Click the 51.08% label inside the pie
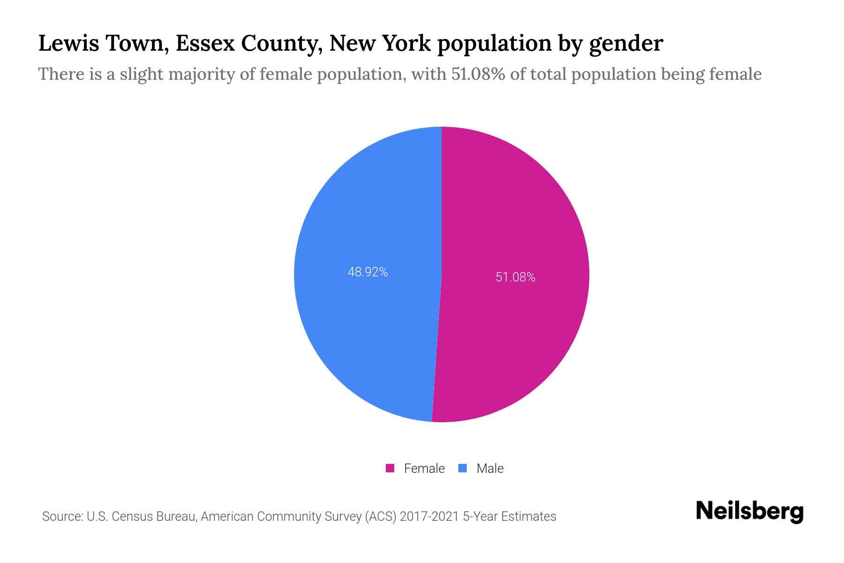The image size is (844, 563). tap(515, 277)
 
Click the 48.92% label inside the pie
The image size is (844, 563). tap(368, 272)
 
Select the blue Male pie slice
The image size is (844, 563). tap(366, 328)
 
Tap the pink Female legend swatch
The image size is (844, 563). tap(390, 468)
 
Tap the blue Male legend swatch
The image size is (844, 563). tap(463, 468)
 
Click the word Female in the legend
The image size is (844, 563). tap(424, 468)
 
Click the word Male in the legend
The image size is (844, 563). tap(490, 468)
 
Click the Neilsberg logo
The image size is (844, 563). tap(750, 511)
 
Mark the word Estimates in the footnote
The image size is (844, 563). tap(528, 517)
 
